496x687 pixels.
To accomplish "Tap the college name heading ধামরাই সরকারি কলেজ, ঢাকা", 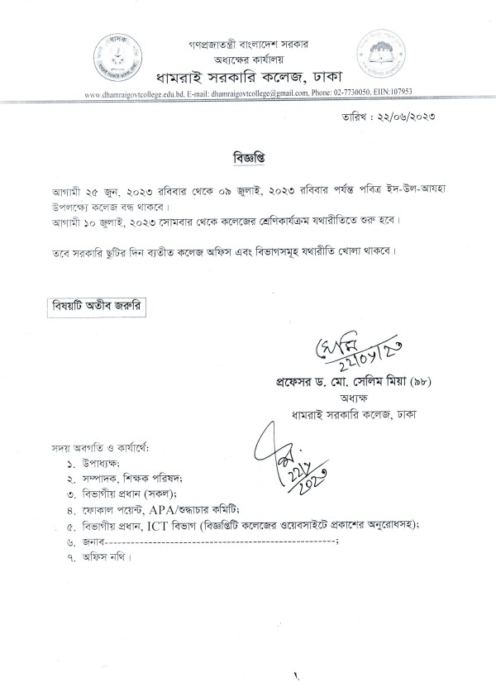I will point(249,78).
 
